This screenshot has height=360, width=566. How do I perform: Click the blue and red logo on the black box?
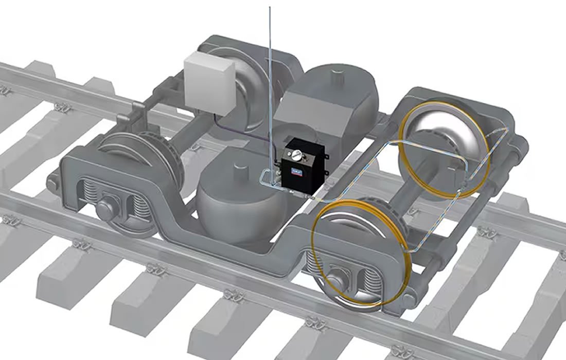297,167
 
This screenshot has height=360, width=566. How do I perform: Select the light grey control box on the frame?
209,84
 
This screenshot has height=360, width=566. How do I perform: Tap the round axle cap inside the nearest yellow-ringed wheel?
337,280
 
